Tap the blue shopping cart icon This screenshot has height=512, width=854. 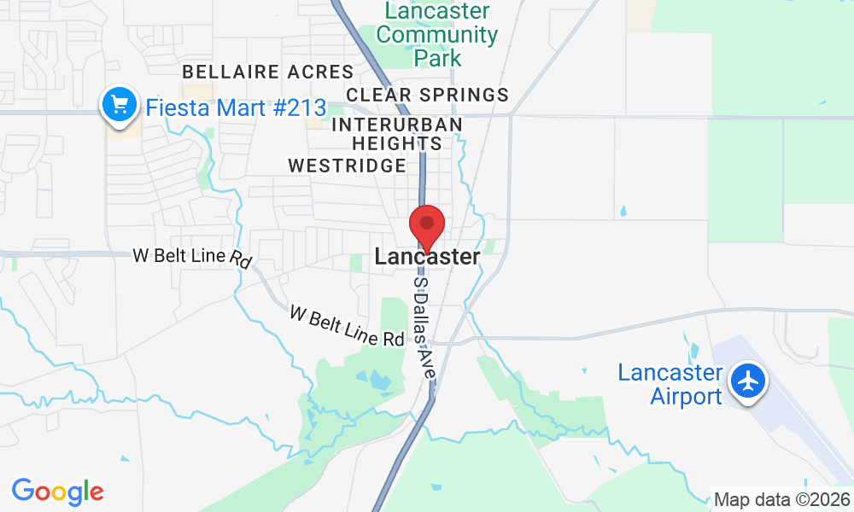pos(119,105)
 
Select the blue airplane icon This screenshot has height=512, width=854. pos(749,380)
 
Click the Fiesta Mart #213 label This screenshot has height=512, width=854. pos(236,108)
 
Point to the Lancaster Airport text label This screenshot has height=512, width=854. pos(670,384)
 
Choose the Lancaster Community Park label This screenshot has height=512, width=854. pos(437,35)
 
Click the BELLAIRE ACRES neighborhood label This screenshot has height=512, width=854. pos(267,72)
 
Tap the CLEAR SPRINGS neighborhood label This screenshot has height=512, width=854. pos(427,95)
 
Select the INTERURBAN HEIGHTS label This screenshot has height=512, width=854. pos(397,134)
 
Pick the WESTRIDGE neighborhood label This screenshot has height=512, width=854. pos(347,166)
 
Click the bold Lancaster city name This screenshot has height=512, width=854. pos(427,257)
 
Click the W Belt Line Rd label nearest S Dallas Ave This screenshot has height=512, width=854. pos(346,326)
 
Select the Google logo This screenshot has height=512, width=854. pos(57,492)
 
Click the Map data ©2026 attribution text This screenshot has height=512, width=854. pos(781,500)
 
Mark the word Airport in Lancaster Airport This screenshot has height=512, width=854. pos(686,396)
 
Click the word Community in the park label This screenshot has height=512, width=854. pos(437,35)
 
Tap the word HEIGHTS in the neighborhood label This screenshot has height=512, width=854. pos(397,144)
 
